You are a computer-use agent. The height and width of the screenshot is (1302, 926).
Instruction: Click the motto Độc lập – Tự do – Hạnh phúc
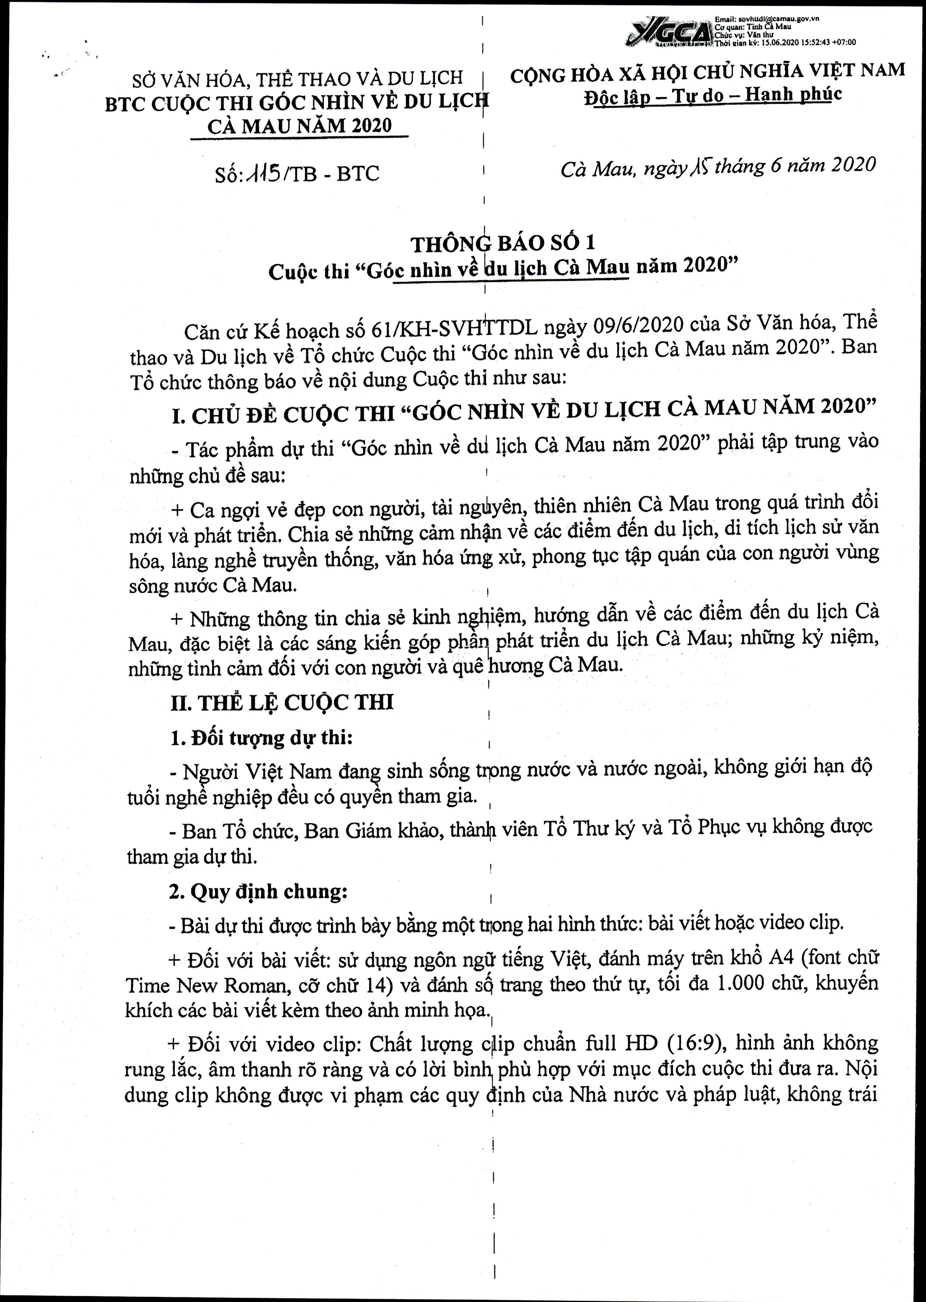(712, 95)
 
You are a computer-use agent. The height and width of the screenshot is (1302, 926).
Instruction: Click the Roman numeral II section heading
(282, 702)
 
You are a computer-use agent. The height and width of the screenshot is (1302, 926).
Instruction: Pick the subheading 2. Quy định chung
(258, 891)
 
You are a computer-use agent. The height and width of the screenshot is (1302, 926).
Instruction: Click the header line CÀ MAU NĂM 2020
(299, 125)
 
